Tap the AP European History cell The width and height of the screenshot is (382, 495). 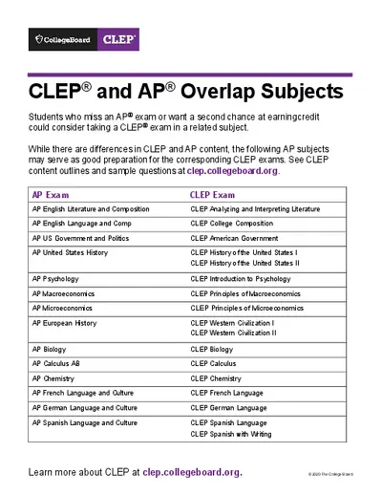[x=64, y=323]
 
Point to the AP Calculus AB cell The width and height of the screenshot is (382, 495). [x=62, y=364]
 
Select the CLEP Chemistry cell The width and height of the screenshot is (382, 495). [x=216, y=378]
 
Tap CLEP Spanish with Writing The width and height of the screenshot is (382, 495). [x=230, y=434]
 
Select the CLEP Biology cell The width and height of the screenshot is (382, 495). [x=211, y=350]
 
